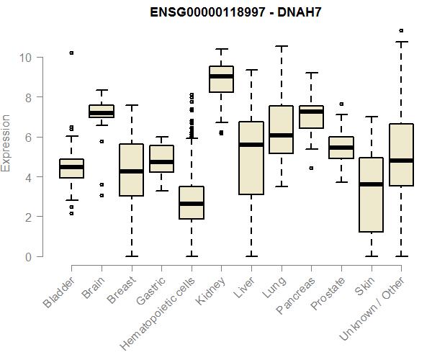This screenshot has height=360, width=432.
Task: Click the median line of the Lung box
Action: pos(281,135)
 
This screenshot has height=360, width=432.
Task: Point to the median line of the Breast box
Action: pos(131,171)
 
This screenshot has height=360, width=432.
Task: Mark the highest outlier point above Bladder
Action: pos(71,53)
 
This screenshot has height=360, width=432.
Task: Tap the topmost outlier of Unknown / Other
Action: pos(401,30)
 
